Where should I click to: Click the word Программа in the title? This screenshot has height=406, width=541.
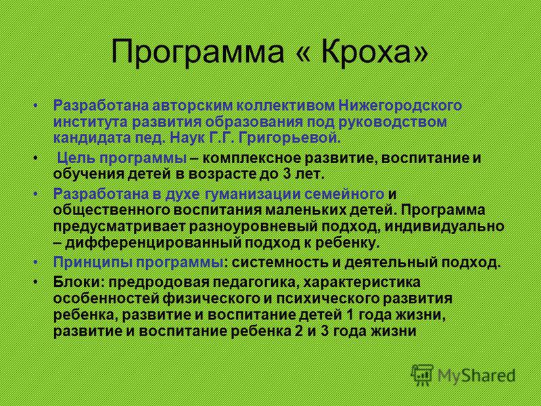(197, 52)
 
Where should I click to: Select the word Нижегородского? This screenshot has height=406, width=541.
(400, 106)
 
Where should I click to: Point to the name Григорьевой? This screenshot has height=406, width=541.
(289, 139)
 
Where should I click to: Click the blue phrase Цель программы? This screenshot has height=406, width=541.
(122, 158)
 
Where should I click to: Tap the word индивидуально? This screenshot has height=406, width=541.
(444, 227)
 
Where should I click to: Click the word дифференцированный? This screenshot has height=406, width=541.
(154, 243)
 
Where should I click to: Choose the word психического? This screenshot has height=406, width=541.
(333, 299)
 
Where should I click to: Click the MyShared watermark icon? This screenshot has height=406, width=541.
(422, 374)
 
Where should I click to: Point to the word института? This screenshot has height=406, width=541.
(91, 122)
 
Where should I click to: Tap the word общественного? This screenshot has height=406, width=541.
(111, 210)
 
